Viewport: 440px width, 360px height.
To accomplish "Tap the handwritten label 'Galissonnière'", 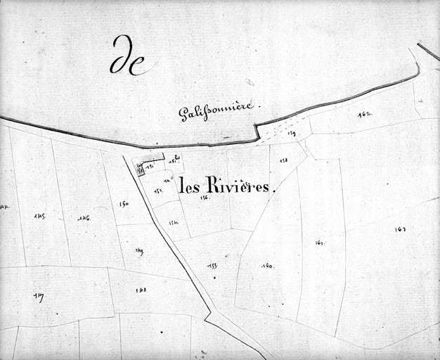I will point(218,111).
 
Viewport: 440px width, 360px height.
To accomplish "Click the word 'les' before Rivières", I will point(190,186).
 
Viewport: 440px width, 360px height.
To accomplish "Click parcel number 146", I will point(84,219).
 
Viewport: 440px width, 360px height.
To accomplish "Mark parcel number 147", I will point(38,297).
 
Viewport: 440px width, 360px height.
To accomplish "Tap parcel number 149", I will point(139,250).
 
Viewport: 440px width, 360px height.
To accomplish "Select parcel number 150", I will point(124,205).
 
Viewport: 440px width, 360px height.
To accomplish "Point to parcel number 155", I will point(212,266).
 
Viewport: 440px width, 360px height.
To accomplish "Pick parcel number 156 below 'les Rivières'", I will point(205,198).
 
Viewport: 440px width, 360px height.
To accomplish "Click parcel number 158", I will point(283,161).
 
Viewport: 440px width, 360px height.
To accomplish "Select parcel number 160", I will point(267,266).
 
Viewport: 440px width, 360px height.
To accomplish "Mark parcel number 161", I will point(320,243).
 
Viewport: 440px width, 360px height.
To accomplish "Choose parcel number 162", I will point(364,113).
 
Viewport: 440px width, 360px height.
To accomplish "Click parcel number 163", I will point(401,229).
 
